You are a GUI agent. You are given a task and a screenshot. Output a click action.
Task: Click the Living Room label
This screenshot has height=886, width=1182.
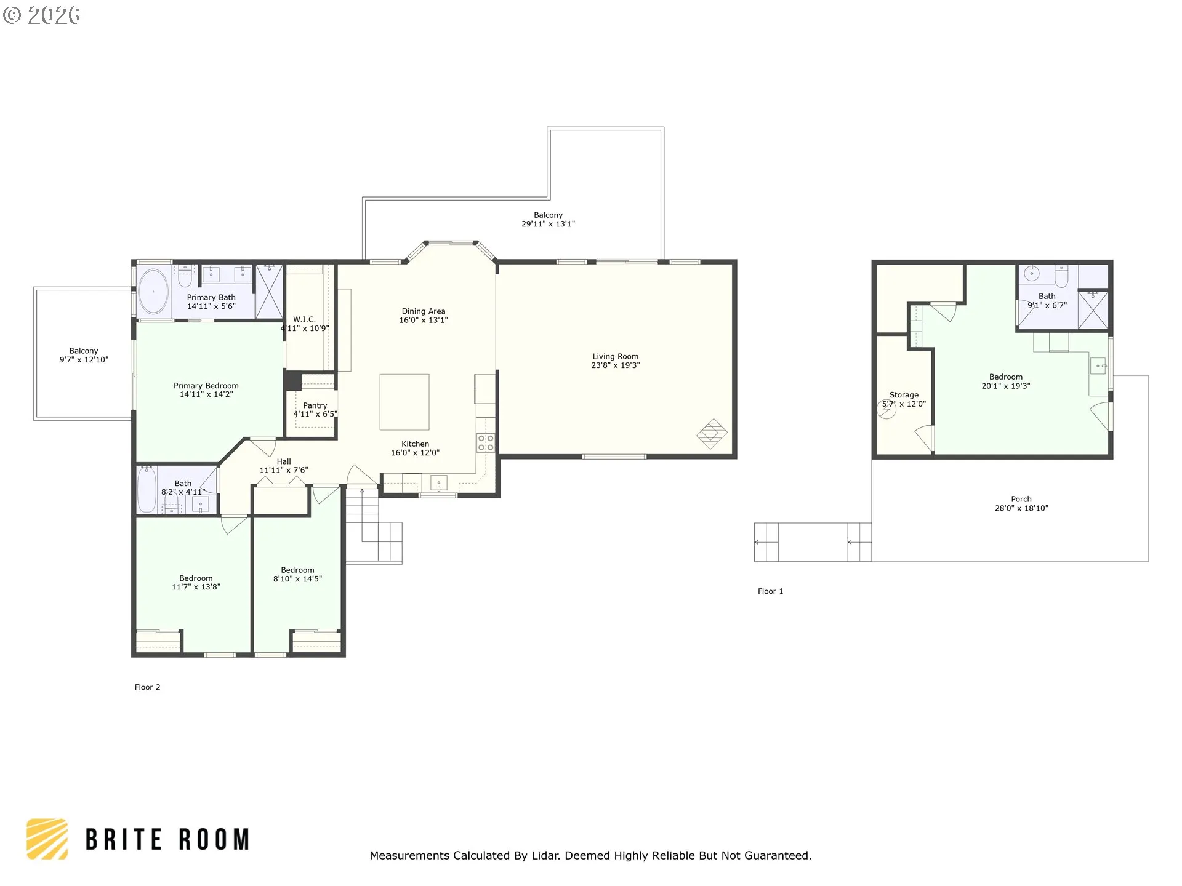click(x=615, y=356)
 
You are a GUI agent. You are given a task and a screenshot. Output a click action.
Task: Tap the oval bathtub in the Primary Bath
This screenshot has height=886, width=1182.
click(x=153, y=292)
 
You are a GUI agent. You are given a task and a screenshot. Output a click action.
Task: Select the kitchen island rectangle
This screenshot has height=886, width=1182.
click(x=404, y=402)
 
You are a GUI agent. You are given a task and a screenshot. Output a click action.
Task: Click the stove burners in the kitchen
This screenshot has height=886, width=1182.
click(x=486, y=443)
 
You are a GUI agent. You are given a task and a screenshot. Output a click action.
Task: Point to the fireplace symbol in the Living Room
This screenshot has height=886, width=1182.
click(x=712, y=434)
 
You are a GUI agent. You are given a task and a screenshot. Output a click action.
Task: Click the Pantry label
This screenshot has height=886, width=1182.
click(x=315, y=405)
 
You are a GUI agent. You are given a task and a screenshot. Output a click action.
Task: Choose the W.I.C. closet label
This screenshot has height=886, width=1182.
click(x=304, y=319)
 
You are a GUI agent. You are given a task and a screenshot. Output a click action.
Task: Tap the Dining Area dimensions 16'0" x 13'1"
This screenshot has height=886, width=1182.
click(x=424, y=320)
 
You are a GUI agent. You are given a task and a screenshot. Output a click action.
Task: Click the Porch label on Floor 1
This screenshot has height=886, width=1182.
click(x=1021, y=499)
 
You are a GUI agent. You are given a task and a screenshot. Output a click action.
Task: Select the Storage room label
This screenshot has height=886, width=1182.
click(x=904, y=395)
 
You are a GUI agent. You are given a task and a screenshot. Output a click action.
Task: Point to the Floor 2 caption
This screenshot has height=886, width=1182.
click(x=147, y=687)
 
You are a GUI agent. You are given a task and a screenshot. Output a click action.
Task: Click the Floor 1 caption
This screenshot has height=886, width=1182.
click(x=770, y=591)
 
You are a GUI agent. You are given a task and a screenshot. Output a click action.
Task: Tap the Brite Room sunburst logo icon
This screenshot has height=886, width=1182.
click(x=47, y=839)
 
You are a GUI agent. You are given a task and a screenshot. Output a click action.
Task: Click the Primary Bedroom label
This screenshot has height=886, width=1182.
click(x=206, y=386)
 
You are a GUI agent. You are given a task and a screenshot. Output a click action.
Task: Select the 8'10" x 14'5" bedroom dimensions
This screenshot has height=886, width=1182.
click(x=298, y=579)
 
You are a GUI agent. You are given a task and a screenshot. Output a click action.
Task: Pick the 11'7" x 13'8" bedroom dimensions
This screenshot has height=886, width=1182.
click(x=196, y=587)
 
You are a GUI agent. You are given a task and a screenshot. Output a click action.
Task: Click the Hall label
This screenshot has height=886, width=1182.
click(x=284, y=461)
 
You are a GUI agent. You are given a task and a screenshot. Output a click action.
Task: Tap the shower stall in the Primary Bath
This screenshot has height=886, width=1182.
click(x=269, y=291)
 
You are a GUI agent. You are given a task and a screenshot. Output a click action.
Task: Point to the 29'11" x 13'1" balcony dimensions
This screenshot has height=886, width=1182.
click(x=548, y=224)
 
